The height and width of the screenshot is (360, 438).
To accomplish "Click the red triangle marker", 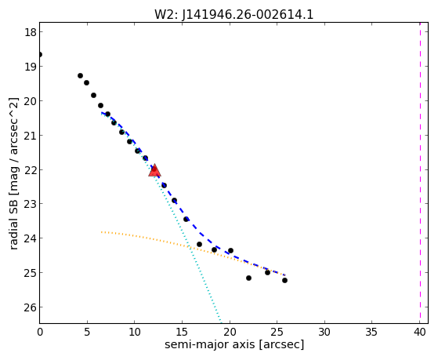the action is tap(154, 171).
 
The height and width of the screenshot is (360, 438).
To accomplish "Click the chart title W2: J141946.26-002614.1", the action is tap(234, 15).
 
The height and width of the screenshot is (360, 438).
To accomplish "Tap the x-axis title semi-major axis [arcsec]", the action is tap(234, 344).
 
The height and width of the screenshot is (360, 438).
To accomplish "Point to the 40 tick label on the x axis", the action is tap(420, 333).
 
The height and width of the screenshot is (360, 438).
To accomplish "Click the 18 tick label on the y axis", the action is tap(31, 32).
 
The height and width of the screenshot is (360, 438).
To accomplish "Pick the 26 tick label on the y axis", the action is tap(31, 307).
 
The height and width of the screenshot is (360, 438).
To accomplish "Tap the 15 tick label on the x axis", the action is tap(182, 333).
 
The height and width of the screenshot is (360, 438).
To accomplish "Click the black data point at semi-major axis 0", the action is tap(40, 55).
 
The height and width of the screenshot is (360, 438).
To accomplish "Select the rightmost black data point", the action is tap(284, 280).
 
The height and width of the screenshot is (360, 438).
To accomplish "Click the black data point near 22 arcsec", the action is tap(248, 278).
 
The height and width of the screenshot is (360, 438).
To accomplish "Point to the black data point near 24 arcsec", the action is tap(268, 272).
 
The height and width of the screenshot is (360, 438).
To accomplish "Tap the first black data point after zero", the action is tap(80, 75).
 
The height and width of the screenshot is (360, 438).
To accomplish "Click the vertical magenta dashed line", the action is tap(420, 173).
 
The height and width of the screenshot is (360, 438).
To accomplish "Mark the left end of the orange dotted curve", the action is tap(101, 232).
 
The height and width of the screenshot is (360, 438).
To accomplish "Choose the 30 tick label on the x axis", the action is tap(324, 333).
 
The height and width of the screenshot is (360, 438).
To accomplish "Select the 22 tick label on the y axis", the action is tap(31, 169).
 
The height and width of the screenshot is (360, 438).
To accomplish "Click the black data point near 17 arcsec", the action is tap(199, 245).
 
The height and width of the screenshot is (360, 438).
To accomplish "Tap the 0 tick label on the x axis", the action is tap(40, 333).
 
